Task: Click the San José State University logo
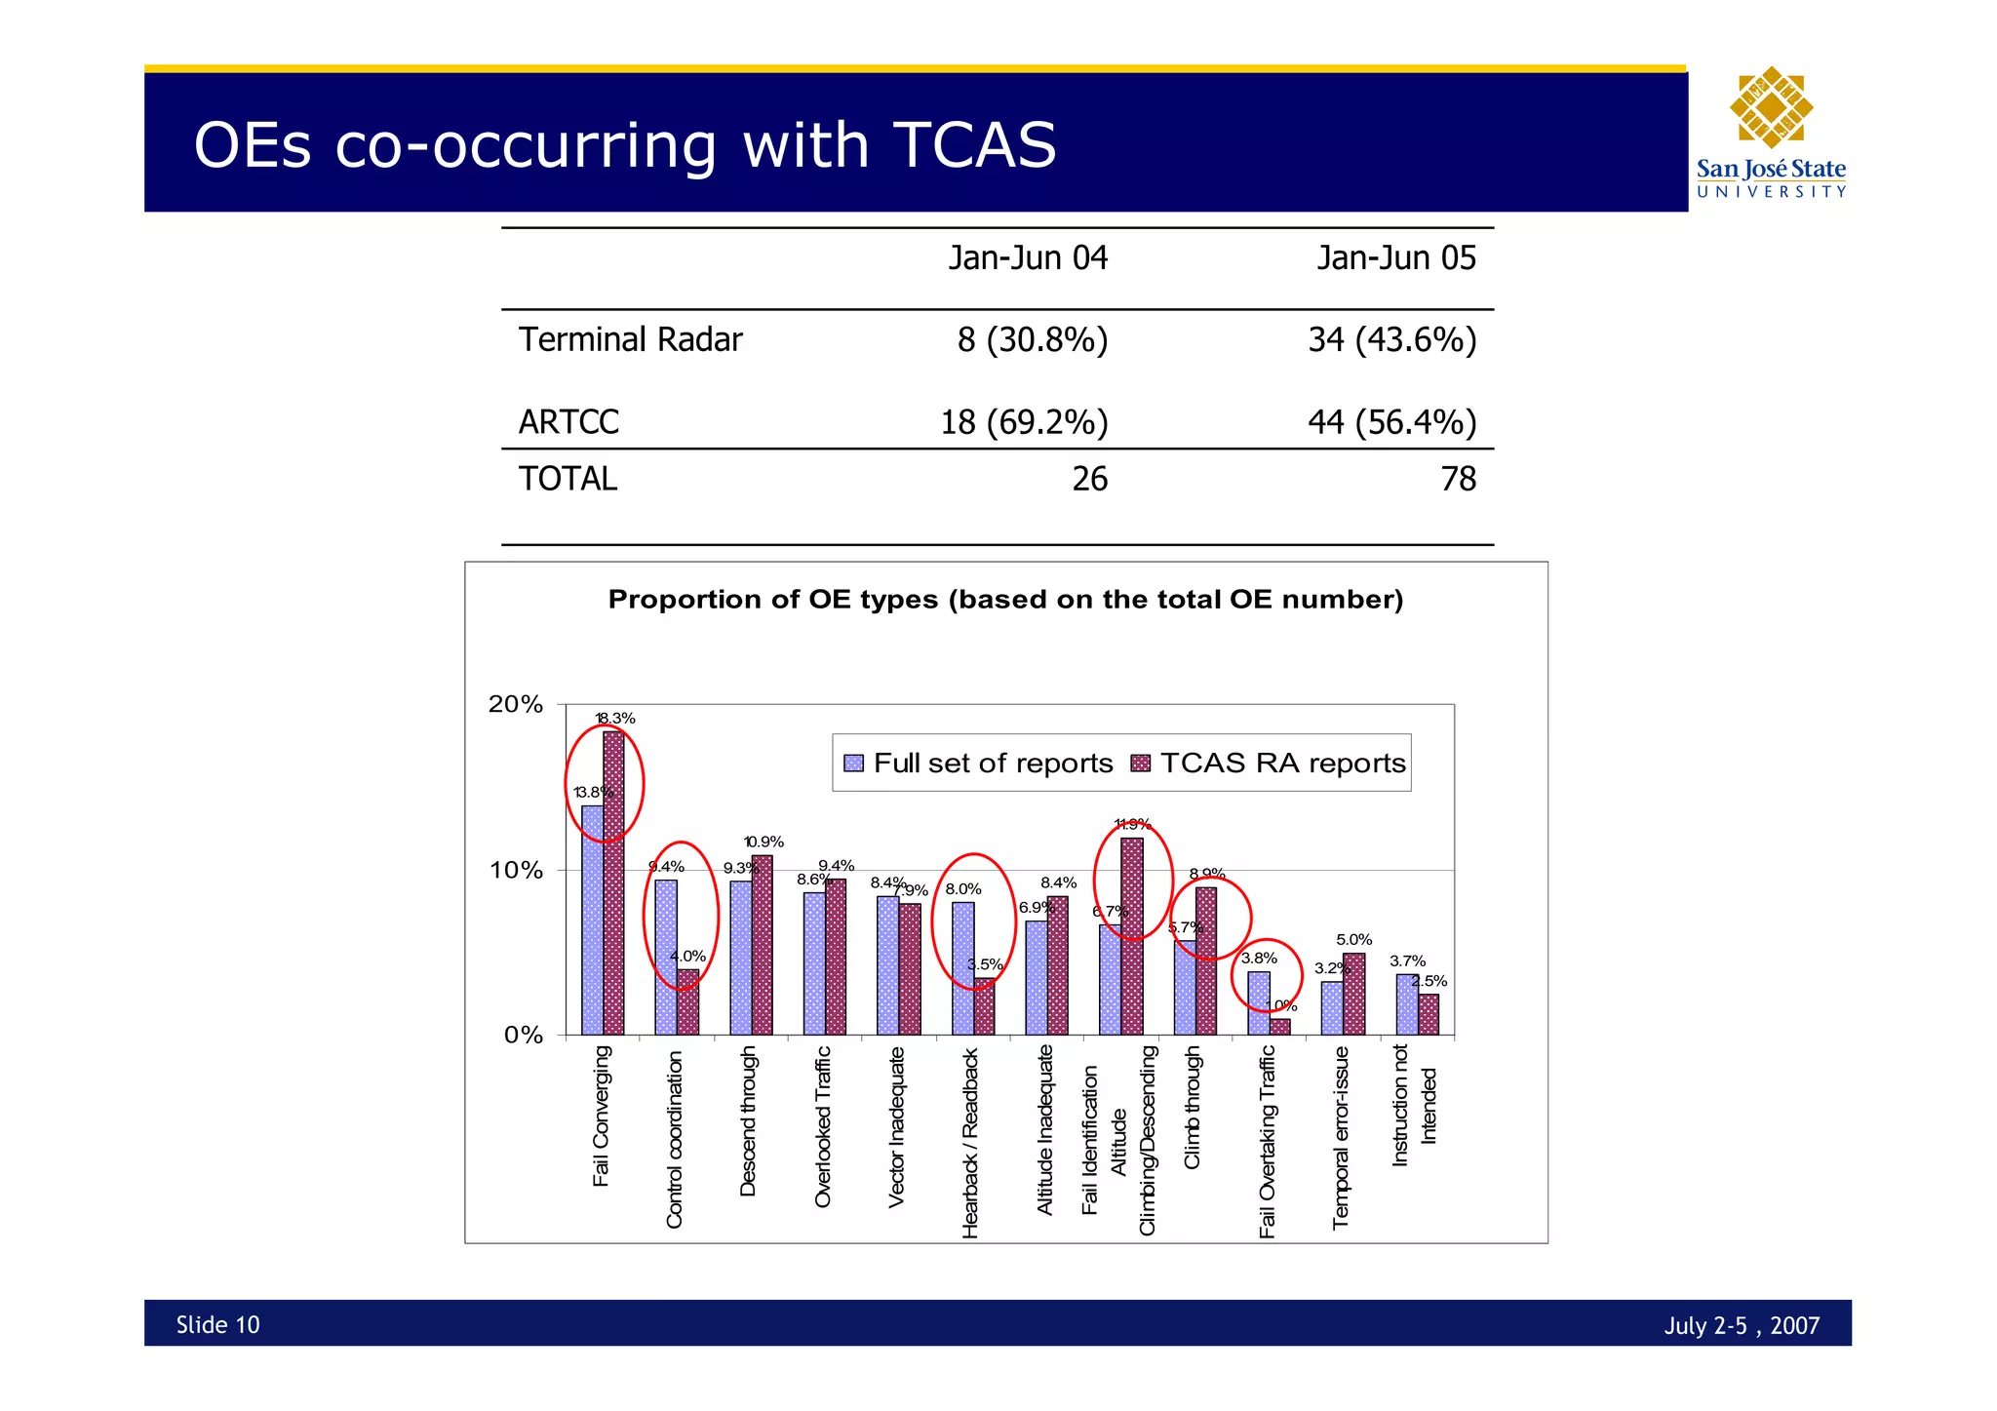click(x=1771, y=133)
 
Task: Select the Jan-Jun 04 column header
click(x=1028, y=258)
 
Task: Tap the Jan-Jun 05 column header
click(x=1396, y=258)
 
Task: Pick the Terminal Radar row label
click(x=630, y=340)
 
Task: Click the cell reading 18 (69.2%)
click(x=1024, y=422)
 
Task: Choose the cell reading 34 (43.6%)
click(x=1391, y=340)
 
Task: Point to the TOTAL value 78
click(x=1458, y=479)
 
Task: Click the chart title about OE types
click(x=1005, y=599)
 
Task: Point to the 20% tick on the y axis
click(x=515, y=704)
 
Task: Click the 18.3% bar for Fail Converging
click(x=613, y=882)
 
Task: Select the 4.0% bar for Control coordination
click(x=687, y=1001)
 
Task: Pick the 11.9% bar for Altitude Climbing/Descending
click(x=1131, y=936)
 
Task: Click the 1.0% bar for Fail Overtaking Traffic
click(x=1280, y=1027)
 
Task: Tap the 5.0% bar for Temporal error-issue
click(x=1353, y=994)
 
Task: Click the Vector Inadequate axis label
click(x=897, y=1126)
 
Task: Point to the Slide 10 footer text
click(x=217, y=1324)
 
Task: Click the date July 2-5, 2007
click(x=1742, y=1325)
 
